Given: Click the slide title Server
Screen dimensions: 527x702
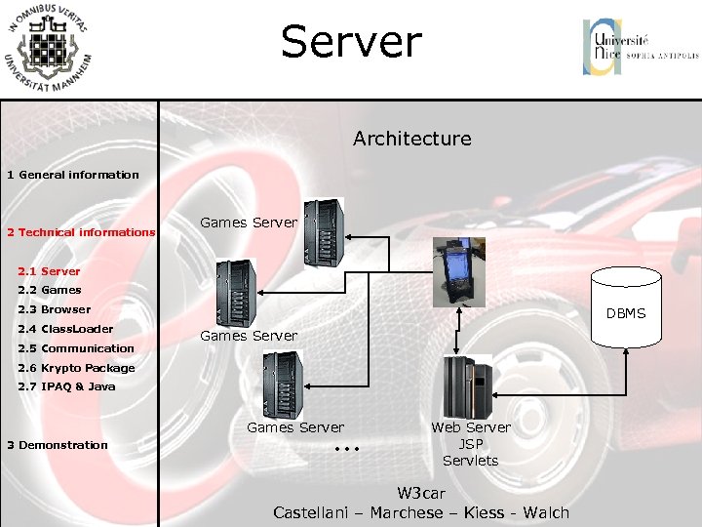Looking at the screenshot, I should (x=351, y=43).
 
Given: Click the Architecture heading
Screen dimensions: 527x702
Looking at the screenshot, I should (x=411, y=139).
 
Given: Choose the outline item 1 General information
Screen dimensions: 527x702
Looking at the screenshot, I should (x=73, y=175).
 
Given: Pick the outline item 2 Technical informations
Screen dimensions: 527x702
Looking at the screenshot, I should (x=81, y=232).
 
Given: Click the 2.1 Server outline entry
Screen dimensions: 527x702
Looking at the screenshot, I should (x=49, y=271).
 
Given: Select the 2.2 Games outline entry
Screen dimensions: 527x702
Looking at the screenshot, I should (x=50, y=290).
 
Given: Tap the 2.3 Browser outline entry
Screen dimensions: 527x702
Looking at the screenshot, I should (x=54, y=309).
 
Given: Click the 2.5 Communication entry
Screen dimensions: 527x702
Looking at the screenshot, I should (x=76, y=348).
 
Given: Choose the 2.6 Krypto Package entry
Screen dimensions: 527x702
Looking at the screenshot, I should (x=76, y=368).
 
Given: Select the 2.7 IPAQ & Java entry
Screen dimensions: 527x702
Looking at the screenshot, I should (x=66, y=386).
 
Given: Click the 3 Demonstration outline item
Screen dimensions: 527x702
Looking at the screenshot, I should (x=58, y=445).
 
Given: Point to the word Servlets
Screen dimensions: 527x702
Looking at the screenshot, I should (x=470, y=461).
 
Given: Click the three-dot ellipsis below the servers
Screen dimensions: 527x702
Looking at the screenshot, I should (x=347, y=450).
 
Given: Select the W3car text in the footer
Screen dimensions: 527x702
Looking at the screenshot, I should (x=421, y=493).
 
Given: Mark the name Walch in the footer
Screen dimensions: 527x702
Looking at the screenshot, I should (x=546, y=512).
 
